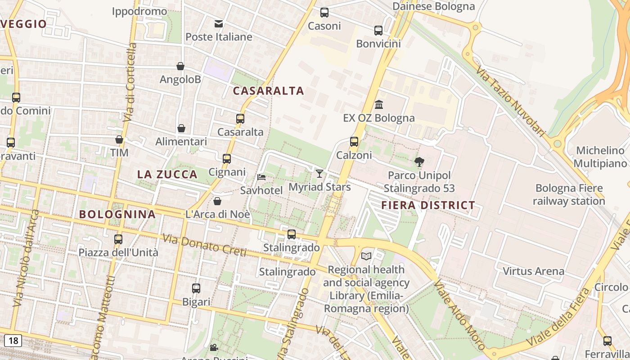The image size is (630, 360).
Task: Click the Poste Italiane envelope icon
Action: point(219,23)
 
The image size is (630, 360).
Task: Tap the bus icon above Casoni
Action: point(324,13)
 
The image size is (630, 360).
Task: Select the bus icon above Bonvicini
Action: point(378,31)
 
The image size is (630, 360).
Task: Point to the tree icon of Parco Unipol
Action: point(419,162)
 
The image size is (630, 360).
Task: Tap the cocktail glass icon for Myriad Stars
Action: point(319,173)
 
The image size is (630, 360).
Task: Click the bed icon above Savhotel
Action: point(261,177)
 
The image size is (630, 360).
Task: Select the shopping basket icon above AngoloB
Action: point(180,66)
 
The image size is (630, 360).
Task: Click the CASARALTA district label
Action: point(269,91)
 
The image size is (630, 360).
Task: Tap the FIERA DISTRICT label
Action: point(428,206)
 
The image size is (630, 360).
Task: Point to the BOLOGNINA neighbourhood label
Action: point(117,214)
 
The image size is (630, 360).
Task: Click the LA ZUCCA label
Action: point(167,175)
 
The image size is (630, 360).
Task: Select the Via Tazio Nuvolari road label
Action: point(510,103)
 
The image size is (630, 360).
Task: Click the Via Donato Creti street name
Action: point(204,246)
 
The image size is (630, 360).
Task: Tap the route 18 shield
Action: point(13,341)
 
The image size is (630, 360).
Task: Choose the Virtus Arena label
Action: point(533,271)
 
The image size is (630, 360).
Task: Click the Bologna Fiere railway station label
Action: point(569,194)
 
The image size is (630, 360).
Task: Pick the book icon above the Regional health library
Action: point(366,256)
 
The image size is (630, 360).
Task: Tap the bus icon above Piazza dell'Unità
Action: point(118,239)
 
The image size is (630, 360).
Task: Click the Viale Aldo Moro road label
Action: point(459,315)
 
